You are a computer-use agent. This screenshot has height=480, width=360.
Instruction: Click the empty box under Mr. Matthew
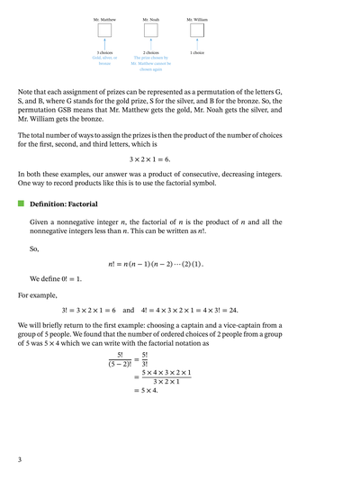click(105, 31)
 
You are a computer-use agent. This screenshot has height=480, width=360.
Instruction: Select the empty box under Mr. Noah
click(150, 31)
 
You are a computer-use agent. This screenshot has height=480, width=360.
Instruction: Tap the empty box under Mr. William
click(196, 31)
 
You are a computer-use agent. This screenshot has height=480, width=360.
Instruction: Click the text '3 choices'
click(105, 53)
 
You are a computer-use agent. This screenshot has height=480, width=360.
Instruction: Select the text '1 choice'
click(196, 53)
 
